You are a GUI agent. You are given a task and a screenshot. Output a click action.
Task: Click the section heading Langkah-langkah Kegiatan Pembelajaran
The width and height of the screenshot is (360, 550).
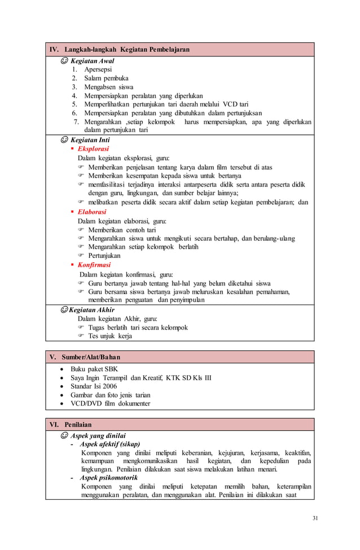(126, 50)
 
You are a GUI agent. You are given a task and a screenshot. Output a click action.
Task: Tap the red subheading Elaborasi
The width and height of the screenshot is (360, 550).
(91, 212)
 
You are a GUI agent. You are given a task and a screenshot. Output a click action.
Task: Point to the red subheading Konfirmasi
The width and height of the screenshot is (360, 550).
(94, 265)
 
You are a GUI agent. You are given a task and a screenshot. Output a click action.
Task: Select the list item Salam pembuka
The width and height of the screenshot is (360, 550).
(107, 78)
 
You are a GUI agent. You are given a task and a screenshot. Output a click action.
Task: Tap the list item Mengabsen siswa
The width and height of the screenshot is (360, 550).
(109, 87)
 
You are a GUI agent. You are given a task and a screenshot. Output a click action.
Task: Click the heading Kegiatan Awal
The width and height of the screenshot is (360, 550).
(92, 60)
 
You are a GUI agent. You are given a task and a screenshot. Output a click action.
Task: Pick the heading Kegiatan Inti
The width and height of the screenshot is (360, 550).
(90, 140)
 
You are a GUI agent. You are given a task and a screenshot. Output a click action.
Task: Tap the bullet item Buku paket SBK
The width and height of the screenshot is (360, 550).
(94, 369)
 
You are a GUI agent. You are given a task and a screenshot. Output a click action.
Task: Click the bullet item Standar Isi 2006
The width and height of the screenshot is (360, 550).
(94, 386)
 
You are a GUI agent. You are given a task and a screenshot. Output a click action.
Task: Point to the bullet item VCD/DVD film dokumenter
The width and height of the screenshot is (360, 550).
(110, 403)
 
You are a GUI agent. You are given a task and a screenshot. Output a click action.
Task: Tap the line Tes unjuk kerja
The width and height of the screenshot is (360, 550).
(110, 336)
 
